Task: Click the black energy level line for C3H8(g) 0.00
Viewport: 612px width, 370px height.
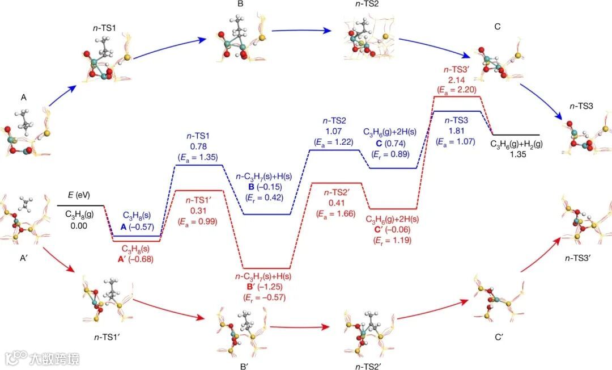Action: [x=80, y=205]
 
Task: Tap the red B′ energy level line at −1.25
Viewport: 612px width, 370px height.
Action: [x=266, y=268]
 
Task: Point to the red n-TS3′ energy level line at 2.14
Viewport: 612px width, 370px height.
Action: [x=457, y=96]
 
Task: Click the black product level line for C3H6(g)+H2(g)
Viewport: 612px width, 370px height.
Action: [x=515, y=135]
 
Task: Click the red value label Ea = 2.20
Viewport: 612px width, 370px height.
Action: [x=457, y=89]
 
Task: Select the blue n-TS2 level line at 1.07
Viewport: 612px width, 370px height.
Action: [x=334, y=150]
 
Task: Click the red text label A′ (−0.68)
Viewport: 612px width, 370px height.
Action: [x=137, y=259]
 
